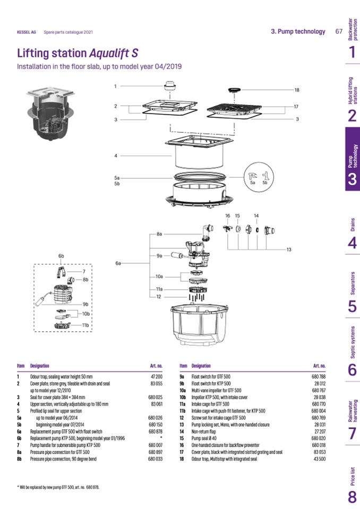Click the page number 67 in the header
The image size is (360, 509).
[339, 31]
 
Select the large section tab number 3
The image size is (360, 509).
[352, 179]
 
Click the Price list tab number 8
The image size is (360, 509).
[352, 497]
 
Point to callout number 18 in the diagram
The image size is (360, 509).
[296, 90]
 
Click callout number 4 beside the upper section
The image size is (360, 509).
[115, 156]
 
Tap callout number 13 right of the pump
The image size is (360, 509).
[289, 249]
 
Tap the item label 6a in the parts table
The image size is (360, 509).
[19, 432]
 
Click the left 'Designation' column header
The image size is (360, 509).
[40, 366]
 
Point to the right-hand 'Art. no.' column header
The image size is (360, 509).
[319, 366]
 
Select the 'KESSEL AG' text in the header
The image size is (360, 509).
[27, 32]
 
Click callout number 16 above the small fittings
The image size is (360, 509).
[227, 216]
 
